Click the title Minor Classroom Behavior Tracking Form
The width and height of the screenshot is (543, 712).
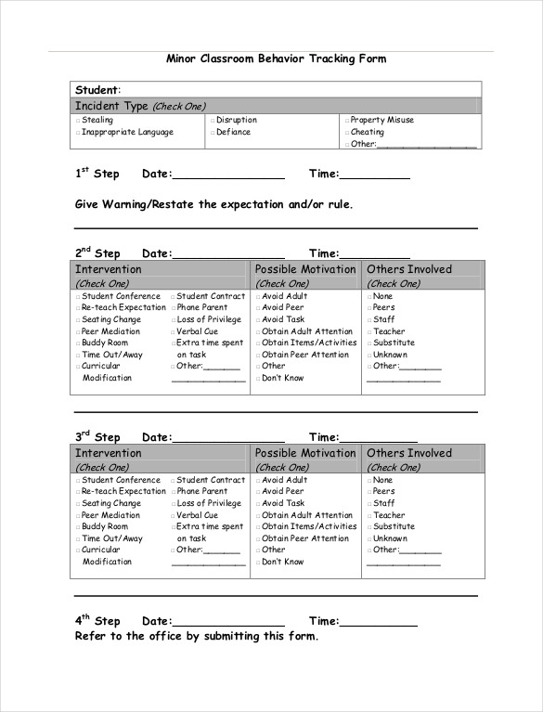[276, 58]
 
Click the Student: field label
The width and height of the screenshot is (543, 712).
[97, 90]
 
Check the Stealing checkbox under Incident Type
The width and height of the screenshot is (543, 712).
[78, 121]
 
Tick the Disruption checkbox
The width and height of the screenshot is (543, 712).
[213, 121]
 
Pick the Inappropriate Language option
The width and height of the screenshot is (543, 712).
[78, 133]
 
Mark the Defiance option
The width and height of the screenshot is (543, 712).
[213, 133]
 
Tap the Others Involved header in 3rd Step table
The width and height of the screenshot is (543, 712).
[409, 453]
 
